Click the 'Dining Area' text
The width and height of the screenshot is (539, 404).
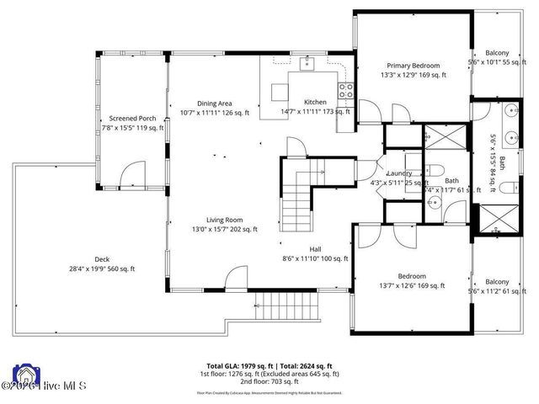point(214,102)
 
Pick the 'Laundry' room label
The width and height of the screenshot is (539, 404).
point(398,173)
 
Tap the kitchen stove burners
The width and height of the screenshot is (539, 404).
point(344,89)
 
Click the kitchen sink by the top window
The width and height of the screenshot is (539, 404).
point(307,62)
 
